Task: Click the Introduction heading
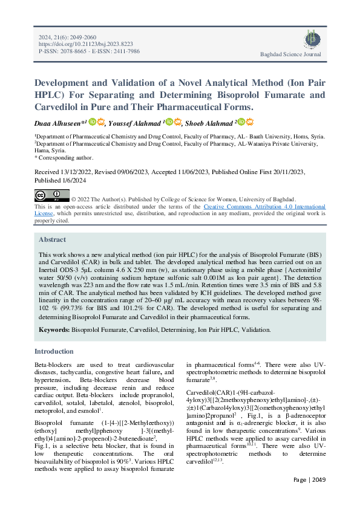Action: tap(54, 351)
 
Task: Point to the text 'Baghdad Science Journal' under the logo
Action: tap(290, 54)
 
